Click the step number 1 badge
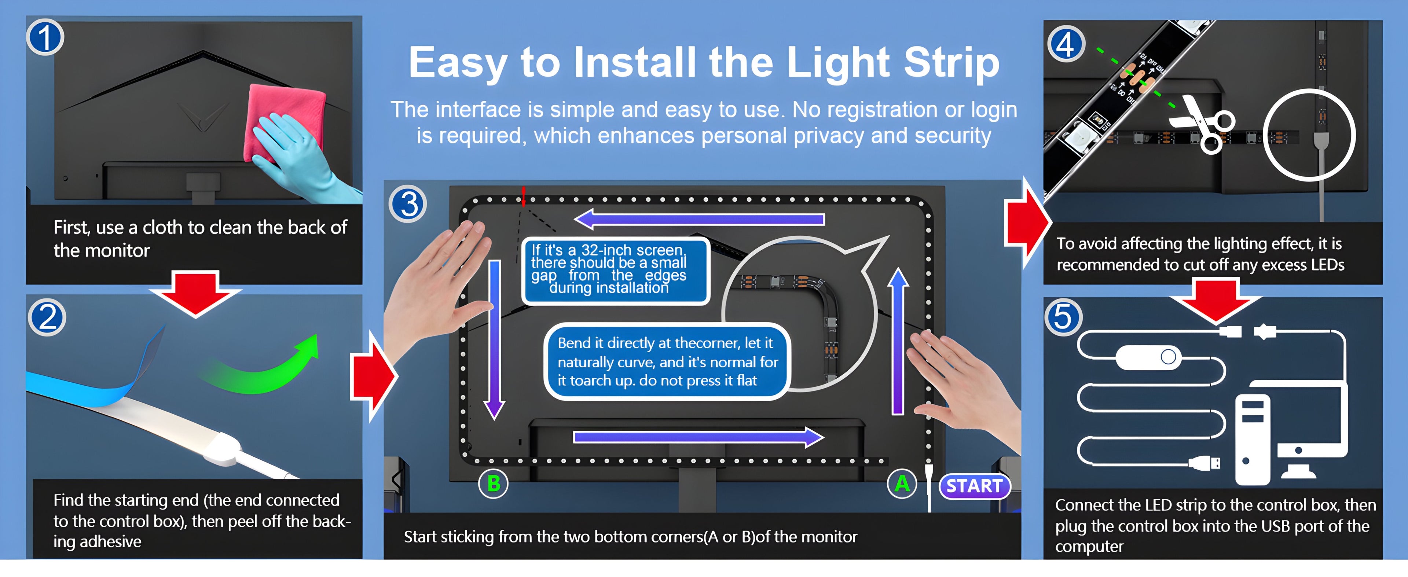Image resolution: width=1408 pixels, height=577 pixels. (45, 38)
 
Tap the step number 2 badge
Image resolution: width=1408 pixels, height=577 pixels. (48, 317)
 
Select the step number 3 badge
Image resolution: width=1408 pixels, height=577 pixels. (408, 204)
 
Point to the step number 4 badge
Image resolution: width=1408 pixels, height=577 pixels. (1065, 44)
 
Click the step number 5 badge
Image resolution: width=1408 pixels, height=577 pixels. (1063, 317)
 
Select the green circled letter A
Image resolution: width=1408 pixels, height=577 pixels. (902, 484)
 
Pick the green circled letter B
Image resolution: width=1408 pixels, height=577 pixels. (493, 484)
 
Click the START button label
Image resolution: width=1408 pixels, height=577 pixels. (975, 486)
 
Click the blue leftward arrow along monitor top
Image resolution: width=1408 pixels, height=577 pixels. (699, 219)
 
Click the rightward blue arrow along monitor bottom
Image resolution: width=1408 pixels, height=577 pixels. (698, 437)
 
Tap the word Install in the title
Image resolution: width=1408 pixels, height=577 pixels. (635, 62)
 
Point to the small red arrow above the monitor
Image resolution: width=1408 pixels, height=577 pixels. (523, 196)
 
